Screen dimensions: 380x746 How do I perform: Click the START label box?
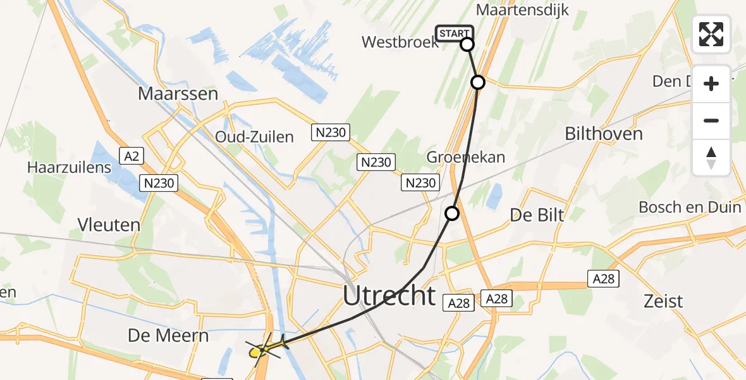[453, 34]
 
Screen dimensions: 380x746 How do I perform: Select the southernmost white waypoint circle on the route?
[452, 213]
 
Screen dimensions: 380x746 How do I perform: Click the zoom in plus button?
[711, 84]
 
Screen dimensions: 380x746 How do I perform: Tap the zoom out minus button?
[711, 120]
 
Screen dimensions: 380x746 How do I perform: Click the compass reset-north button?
[711, 157]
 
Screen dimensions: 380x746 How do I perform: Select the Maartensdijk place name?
[522, 10]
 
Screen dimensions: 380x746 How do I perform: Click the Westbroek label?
[400, 42]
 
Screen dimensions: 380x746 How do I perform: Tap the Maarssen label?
[178, 94]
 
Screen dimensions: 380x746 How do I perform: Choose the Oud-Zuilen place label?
[254, 137]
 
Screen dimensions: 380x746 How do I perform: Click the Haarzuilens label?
[70, 168]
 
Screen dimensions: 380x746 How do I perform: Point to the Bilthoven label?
[603, 134]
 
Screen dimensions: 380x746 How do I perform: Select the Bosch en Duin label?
[690, 207]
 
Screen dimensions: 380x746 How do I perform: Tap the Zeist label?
[663, 301]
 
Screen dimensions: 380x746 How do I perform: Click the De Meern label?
[168, 335]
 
